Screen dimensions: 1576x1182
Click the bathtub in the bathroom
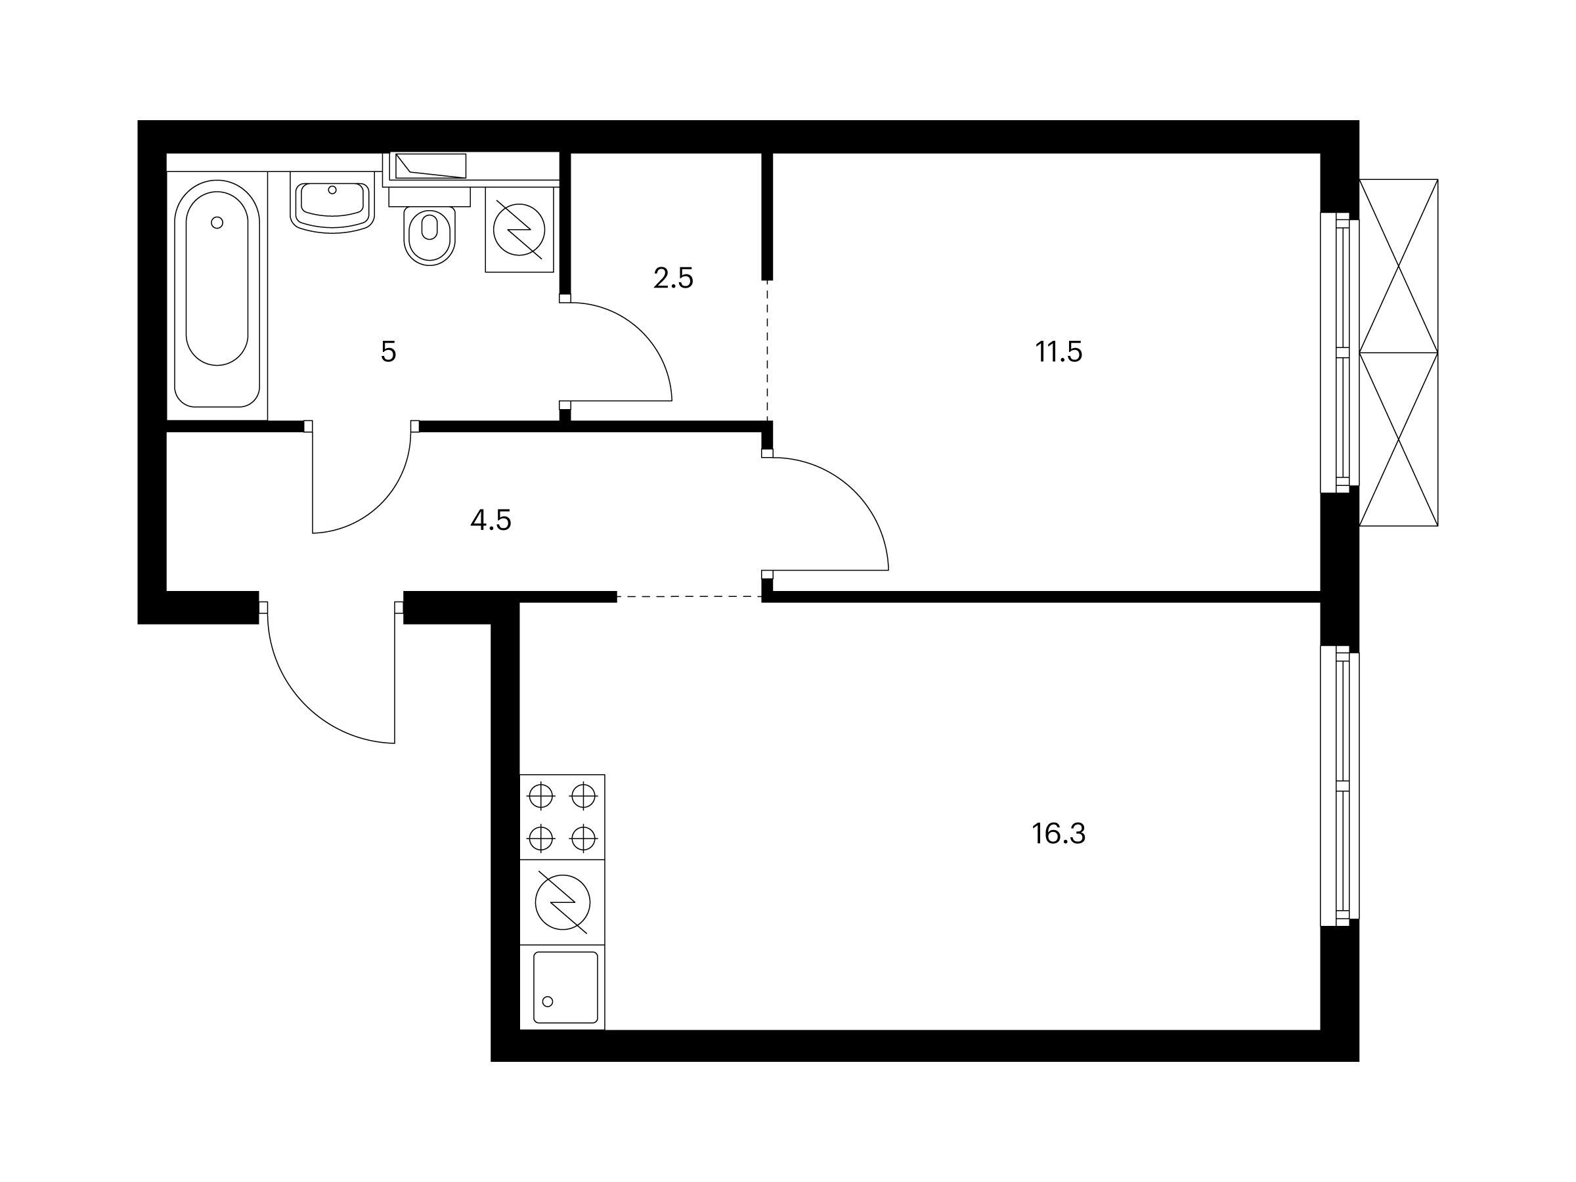[x=217, y=294]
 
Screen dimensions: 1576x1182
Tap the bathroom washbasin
[x=332, y=206]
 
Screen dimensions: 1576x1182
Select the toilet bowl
[x=429, y=227]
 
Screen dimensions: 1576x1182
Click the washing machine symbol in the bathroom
[x=521, y=229]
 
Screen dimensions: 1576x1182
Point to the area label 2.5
[x=673, y=278]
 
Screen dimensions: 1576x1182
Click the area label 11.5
[x=1059, y=352]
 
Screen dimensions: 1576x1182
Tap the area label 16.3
[x=1059, y=833]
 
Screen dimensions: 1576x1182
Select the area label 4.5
[x=491, y=521]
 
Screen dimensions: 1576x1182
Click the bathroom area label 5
[x=388, y=352]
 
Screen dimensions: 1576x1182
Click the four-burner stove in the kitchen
[x=562, y=816]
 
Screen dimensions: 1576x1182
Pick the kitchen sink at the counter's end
[x=562, y=988]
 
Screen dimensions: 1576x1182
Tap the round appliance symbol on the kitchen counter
[x=562, y=902]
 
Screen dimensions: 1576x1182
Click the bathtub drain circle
[x=217, y=223]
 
